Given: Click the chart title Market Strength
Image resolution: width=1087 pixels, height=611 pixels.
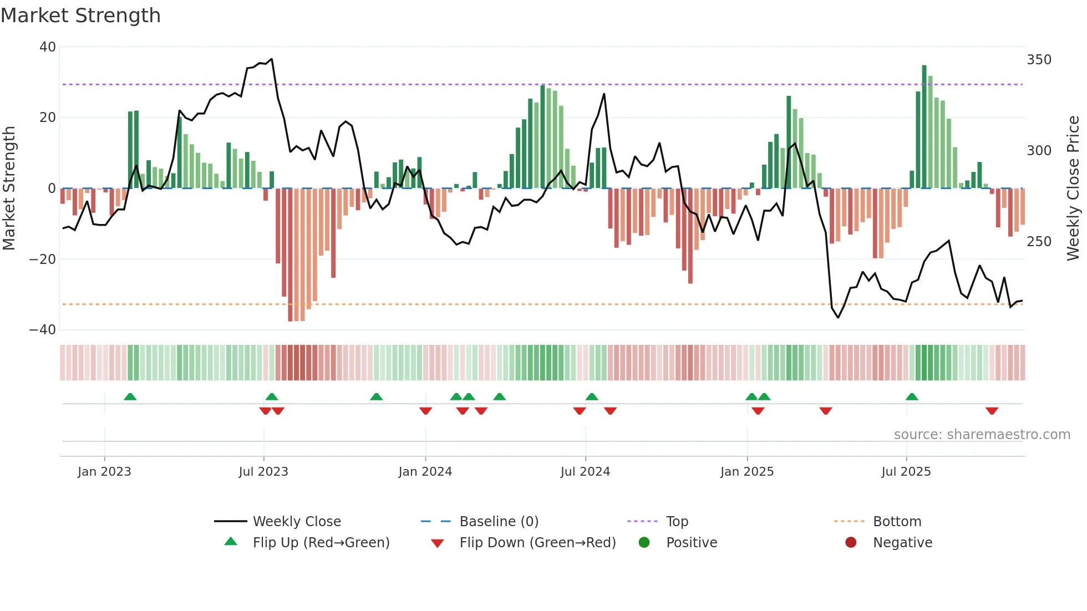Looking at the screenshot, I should [80, 16].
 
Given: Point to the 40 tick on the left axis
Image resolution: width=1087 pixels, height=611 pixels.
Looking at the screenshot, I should [48, 47].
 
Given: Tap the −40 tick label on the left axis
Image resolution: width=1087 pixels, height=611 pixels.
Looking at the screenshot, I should [43, 330].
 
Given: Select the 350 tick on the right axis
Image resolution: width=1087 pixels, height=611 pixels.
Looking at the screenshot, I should [1039, 60].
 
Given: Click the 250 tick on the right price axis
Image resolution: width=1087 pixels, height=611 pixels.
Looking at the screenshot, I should [1039, 242].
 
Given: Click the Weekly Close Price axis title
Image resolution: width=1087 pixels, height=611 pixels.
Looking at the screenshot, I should [1073, 189].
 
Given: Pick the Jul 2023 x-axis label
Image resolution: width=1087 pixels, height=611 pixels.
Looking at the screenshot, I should [263, 472].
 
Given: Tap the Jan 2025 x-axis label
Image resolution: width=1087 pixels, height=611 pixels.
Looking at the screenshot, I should [747, 472].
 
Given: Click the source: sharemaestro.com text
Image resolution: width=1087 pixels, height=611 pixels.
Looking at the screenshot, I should [982, 435].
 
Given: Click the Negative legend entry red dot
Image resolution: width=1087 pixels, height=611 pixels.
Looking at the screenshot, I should [851, 543].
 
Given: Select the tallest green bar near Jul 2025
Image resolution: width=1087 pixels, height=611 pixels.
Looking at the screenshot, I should [924, 126].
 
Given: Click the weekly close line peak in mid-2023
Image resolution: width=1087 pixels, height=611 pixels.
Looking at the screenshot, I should [271, 59].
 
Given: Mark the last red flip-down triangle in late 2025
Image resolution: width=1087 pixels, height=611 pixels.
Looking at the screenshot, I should [992, 411].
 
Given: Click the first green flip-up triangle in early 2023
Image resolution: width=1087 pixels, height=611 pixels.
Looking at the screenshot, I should [130, 396].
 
